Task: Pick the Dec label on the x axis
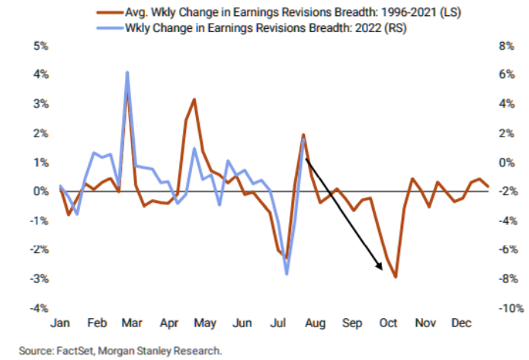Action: coord(460,323)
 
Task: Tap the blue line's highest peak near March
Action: coord(127,72)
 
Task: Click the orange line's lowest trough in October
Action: coord(396,277)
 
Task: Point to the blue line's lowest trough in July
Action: coord(287,273)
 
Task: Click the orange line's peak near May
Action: coord(194,99)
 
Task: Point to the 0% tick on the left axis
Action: coord(38,191)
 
